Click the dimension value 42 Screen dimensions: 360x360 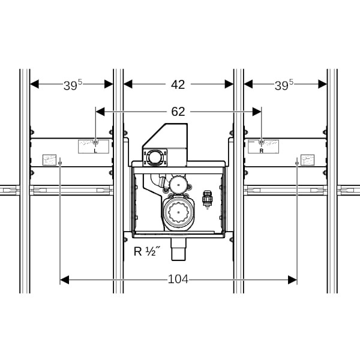pyautogui.click(x=178, y=85)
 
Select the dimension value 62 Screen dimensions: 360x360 pyautogui.click(x=178, y=112)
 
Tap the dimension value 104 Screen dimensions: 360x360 pyautogui.click(x=178, y=280)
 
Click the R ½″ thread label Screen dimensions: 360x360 pyautogui.click(x=146, y=251)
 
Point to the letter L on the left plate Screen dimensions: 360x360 pyautogui.click(x=95, y=151)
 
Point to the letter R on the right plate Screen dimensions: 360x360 pyautogui.click(x=261, y=151)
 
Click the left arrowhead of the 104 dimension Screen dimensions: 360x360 pyautogui.click(x=65, y=280)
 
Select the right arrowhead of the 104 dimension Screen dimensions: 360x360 pyautogui.click(x=293, y=280)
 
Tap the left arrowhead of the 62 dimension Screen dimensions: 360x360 pyautogui.click(x=100, y=112)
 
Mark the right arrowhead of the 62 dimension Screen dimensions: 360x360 pyautogui.click(x=257, y=112)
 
